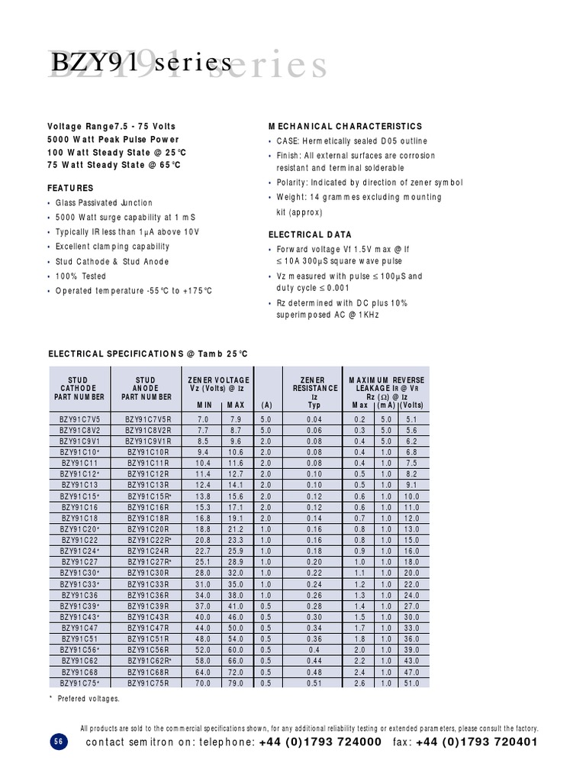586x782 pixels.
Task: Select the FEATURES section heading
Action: click(x=71, y=188)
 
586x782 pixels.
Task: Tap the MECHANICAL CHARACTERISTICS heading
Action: click(x=345, y=126)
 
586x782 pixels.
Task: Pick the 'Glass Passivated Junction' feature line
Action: click(x=104, y=203)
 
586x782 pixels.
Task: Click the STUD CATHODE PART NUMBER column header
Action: click(x=79, y=389)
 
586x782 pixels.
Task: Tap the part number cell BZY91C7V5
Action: click(x=80, y=420)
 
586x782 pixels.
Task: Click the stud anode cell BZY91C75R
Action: click(x=150, y=683)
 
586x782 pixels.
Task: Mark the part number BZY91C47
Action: click(x=80, y=628)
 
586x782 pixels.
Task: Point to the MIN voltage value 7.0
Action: click(x=204, y=420)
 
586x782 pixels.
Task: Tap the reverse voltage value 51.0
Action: click(x=411, y=683)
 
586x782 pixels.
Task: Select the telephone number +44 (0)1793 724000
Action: click(x=320, y=742)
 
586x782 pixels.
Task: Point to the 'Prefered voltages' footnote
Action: click(x=89, y=699)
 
